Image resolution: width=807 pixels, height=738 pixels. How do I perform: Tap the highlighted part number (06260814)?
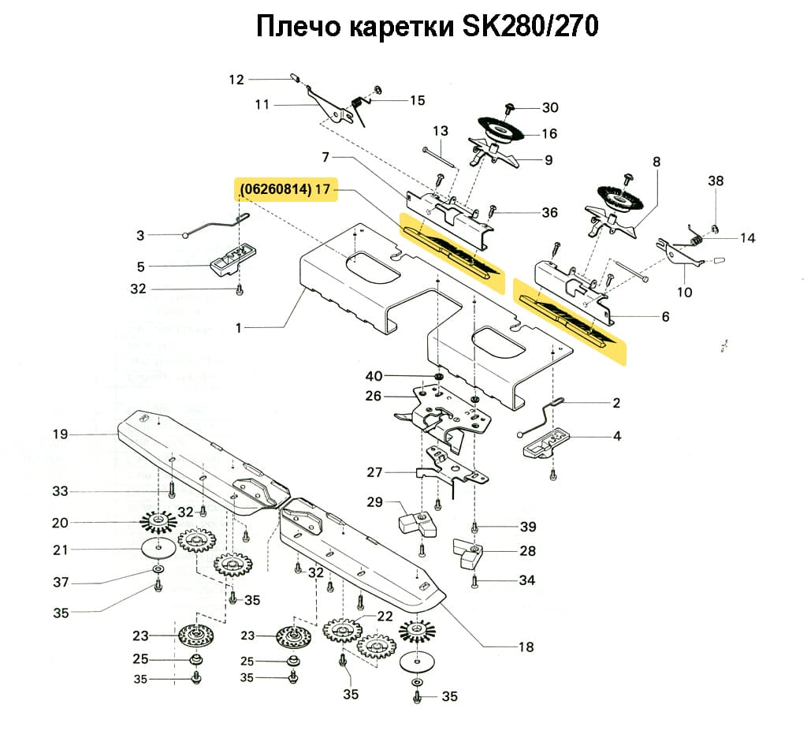274,189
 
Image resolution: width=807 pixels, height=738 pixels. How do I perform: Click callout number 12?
237,79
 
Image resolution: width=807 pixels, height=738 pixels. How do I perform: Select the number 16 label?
549,133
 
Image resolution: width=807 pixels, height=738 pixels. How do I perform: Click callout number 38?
716,181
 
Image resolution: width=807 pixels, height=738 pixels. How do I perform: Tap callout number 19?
61,434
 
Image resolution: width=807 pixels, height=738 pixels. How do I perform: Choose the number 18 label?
526,647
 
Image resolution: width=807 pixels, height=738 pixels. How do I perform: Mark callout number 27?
375,472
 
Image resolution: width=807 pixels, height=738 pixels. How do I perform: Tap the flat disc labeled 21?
159,548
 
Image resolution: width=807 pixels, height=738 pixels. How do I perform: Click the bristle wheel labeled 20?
158,521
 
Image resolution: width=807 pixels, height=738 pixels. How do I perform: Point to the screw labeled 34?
474,582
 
